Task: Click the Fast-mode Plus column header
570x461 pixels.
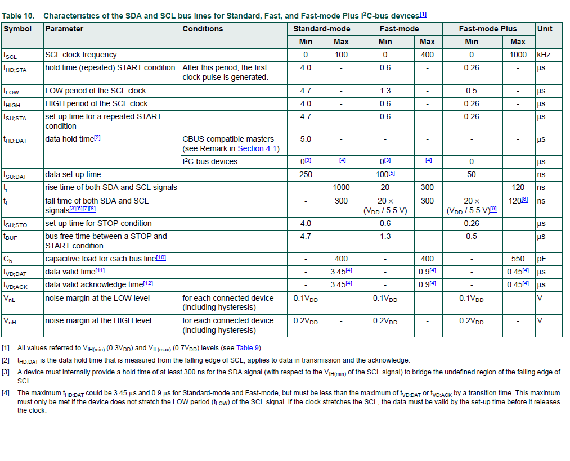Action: coord(488,29)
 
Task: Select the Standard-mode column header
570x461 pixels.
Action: coord(322,29)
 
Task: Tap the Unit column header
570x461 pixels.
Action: coord(545,29)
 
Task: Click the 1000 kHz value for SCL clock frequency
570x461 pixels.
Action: coord(518,55)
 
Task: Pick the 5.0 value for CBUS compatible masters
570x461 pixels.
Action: coord(306,139)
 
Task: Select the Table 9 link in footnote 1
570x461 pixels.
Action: coord(248,348)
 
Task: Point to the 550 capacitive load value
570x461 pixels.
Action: coord(518,259)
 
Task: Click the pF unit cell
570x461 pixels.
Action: coord(541,259)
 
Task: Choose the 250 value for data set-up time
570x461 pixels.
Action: coord(306,174)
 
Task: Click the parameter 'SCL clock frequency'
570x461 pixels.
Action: coord(81,55)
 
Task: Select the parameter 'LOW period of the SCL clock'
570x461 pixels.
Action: coord(96,91)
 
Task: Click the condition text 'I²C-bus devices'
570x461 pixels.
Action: coord(210,162)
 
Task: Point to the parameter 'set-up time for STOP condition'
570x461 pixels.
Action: coord(98,223)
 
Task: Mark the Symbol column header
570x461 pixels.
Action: coord(17,29)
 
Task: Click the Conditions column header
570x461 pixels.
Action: coord(203,29)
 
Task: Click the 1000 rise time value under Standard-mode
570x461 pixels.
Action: coord(341,187)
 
